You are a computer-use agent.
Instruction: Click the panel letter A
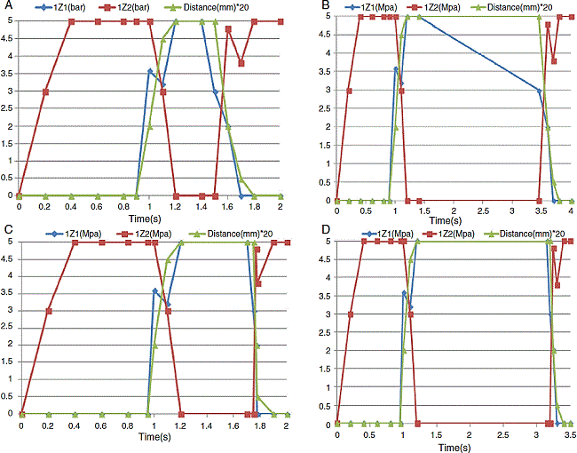[x=6, y=6]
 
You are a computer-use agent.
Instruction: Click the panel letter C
[x=6, y=230]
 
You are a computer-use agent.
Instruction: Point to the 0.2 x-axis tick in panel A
[x=46, y=206]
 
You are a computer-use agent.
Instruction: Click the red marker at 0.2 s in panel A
[x=46, y=91]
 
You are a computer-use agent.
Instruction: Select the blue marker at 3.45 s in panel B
[x=539, y=91]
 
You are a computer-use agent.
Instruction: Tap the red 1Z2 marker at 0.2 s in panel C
[x=48, y=311]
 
